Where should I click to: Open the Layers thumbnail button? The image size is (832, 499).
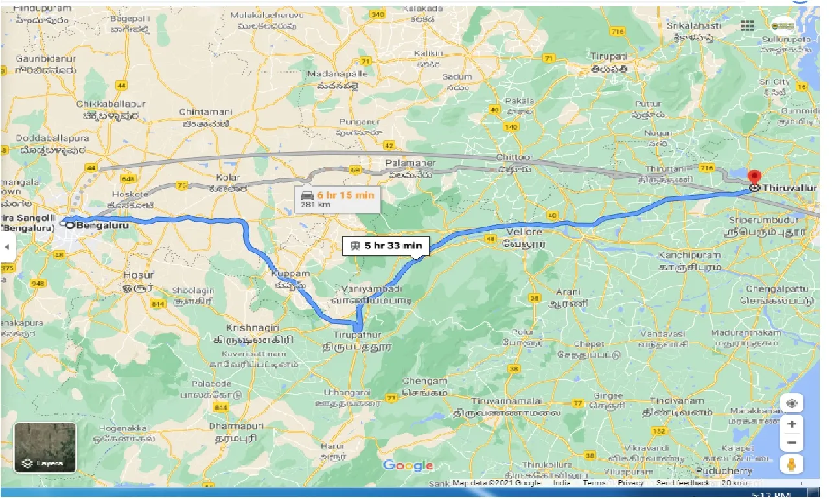pyautogui.click(x=45, y=448)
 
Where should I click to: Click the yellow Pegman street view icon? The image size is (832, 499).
pyautogui.click(x=792, y=464)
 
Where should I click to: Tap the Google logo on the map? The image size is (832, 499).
pyautogui.click(x=408, y=465)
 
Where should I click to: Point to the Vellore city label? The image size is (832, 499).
pyautogui.click(x=524, y=231)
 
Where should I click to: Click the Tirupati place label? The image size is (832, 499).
pyautogui.click(x=608, y=56)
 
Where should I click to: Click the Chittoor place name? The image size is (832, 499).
pyautogui.click(x=514, y=157)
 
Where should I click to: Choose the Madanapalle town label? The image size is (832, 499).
pyautogui.click(x=337, y=74)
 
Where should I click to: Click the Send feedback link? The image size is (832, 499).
pyautogui.click(x=682, y=483)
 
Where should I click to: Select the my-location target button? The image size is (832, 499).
pyautogui.click(x=792, y=403)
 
